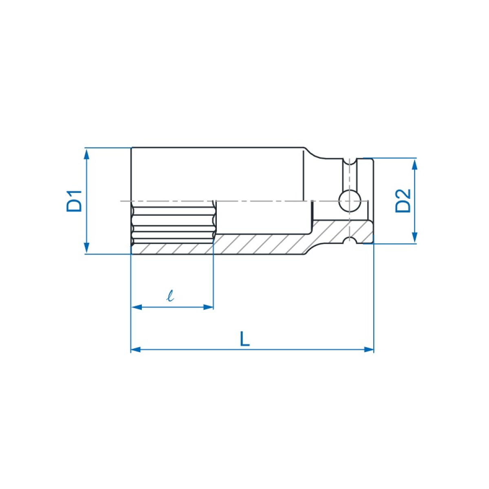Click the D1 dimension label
[x=75, y=200]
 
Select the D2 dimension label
[x=403, y=200]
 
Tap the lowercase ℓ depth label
[x=171, y=295]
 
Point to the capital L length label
[x=244, y=339]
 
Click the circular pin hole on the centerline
[x=350, y=201]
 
